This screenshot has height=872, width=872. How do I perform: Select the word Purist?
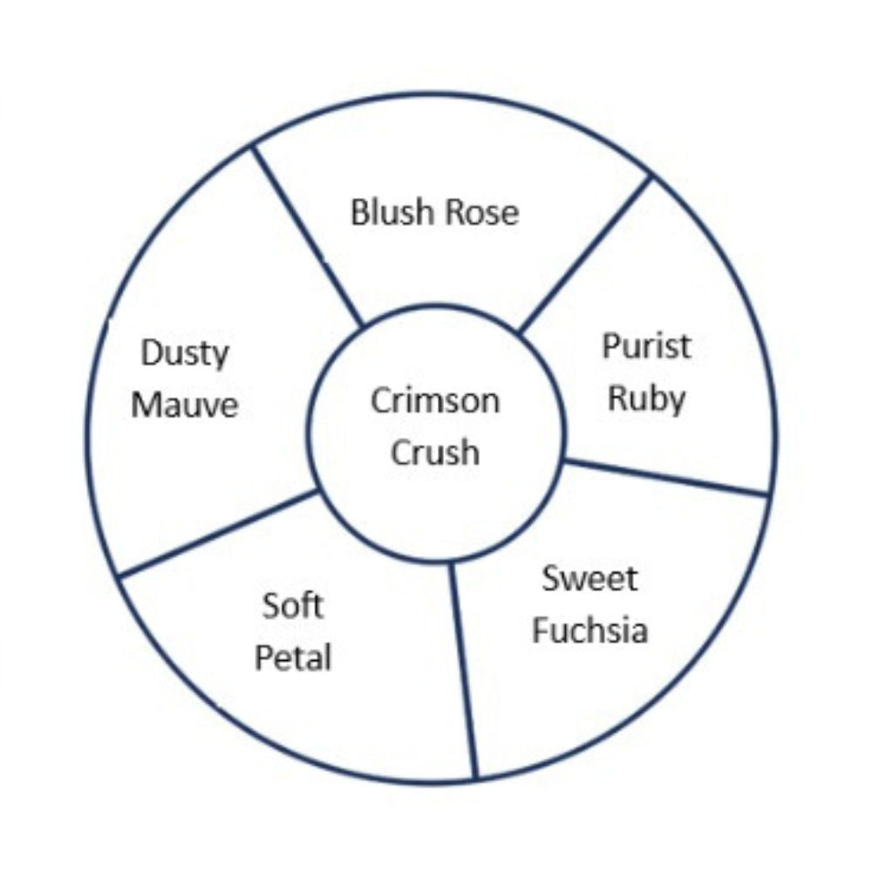point(646,346)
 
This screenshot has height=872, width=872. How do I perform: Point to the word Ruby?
point(646,399)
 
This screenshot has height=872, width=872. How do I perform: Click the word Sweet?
point(589,578)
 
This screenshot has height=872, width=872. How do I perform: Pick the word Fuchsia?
point(589,630)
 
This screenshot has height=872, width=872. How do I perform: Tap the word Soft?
point(293,605)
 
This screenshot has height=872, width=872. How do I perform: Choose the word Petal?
point(293,657)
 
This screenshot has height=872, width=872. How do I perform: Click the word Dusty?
point(185,354)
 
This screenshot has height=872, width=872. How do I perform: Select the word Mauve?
point(185,405)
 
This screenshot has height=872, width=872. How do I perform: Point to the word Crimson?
point(435,401)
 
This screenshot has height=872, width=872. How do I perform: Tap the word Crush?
point(435,453)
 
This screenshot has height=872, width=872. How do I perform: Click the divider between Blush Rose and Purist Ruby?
point(585,254)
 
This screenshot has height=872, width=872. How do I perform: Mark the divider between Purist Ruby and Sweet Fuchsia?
point(667,477)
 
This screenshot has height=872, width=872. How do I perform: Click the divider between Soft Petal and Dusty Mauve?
point(218,533)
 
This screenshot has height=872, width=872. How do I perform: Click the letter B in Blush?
point(359,212)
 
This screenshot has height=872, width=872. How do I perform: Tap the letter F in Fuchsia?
point(541,630)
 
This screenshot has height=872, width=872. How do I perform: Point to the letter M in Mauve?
point(146,405)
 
